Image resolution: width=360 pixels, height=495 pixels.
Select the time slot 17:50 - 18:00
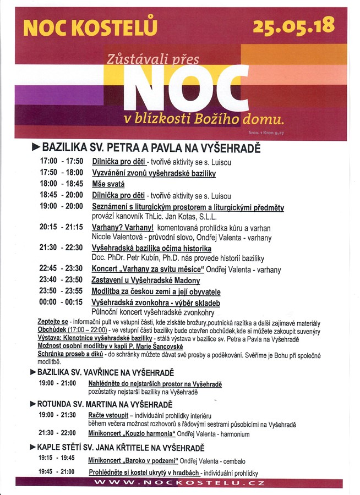pyautogui.click(x=61, y=173)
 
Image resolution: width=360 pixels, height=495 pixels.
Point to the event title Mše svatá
pyautogui.click(x=108, y=184)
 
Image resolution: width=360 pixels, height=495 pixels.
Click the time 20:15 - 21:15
pyautogui.click(x=61, y=227)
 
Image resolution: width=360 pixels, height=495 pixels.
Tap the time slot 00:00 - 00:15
pyautogui.click(x=61, y=302)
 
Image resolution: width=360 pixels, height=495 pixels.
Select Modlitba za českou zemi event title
pyautogui.click(x=156, y=292)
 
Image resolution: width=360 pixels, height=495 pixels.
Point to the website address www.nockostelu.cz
pyautogui.click(x=179, y=483)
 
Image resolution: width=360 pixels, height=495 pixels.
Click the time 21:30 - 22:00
pyautogui.click(x=57, y=433)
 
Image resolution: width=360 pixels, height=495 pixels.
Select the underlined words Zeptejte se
pyautogui.click(x=53, y=321)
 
